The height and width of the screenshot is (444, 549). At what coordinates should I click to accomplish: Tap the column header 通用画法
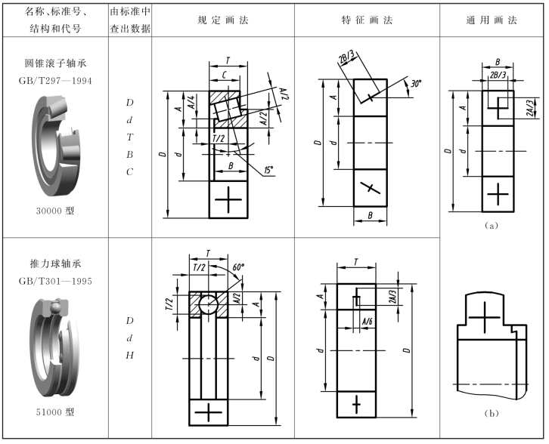[492, 20]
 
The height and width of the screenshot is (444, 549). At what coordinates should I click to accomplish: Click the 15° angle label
[268, 170]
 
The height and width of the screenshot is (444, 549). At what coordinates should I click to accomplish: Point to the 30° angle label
[414, 85]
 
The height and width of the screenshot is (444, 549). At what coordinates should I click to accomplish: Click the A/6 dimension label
[368, 322]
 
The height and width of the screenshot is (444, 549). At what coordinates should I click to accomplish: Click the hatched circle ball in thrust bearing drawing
[209, 303]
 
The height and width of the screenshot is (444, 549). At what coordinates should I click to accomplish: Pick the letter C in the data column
[130, 171]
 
